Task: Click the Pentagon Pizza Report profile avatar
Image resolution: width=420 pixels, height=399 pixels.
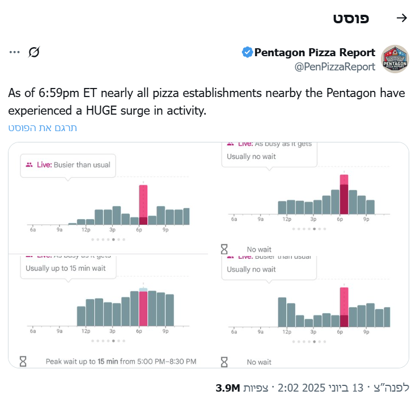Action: (x=395, y=59)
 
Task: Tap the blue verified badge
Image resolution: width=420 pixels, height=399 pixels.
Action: (x=247, y=53)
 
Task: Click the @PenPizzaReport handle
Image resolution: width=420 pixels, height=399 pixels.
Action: (x=334, y=67)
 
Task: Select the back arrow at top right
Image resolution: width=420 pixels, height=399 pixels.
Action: (x=402, y=18)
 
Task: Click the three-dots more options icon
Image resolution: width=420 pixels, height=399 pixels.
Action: (x=15, y=52)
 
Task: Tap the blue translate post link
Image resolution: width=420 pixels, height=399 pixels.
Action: (x=43, y=128)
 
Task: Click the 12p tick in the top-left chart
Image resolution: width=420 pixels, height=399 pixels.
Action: (x=86, y=230)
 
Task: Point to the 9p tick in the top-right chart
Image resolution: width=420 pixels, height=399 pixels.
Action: (x=366, y=219)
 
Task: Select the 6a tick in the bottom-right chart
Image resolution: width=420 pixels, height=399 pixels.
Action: (x=234, y=331)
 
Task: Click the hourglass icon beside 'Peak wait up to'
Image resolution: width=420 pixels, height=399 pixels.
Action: (x=23, y=361)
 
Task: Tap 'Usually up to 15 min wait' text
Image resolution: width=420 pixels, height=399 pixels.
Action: (x=66, y=268)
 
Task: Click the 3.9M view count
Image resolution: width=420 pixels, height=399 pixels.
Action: (x=228, y=388)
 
